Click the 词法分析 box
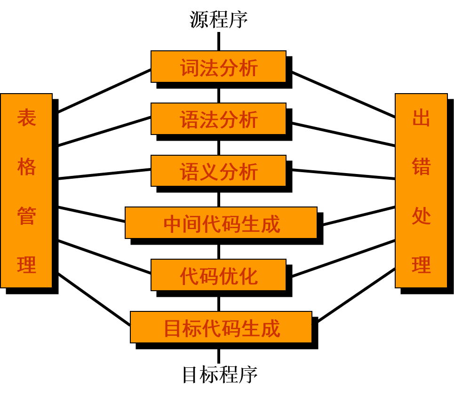click(218, 67)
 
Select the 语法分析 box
click(218, 119)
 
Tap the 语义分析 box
click(218, 171)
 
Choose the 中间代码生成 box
click(221, 223)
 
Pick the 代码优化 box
click(218, 275)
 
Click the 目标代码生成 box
click(221, 327)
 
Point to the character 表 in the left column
click(26, 118)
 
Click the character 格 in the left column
click(26, 167)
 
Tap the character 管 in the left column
click(26, 216)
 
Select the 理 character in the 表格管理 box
click(26, 265)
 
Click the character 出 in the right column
click(421, 118)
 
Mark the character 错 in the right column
click(421, 167)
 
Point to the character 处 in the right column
click(421, 216)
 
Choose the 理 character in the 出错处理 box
click(421, 265)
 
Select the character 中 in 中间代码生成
click(173, 224)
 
